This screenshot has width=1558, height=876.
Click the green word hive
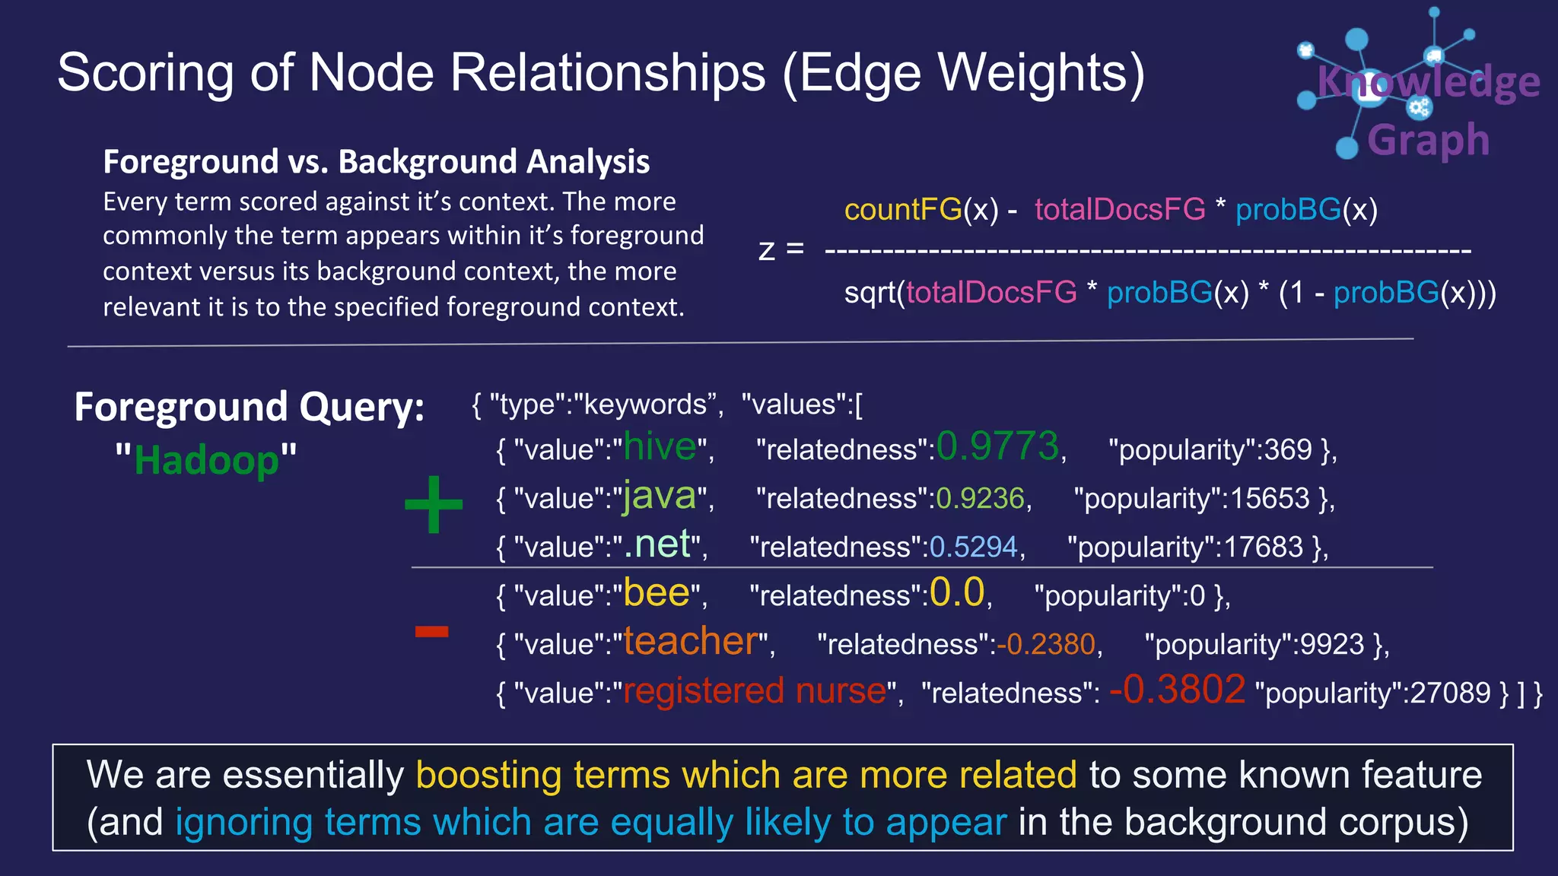point(660,447)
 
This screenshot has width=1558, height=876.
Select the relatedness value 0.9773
point(997,446)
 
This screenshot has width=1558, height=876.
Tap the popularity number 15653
point(1270,499)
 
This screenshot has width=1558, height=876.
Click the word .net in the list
point(657,544)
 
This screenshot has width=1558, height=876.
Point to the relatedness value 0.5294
point(973,547)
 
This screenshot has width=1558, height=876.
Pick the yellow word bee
point(657,593)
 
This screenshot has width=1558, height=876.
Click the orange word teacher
point(691,642)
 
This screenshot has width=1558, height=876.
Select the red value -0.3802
point(1177,690)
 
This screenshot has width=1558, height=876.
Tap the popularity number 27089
point(1450,693)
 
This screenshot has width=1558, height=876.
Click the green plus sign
point(434,504)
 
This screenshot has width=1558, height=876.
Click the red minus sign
point(431,631)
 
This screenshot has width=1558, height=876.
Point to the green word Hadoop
point(206,461)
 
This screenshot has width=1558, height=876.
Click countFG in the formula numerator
point(902,210)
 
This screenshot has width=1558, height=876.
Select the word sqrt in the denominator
point(870,293)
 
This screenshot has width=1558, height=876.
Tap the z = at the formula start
point(781,249)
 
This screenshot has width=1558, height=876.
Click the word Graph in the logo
point(1428,141)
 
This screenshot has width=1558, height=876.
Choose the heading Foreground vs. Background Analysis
point(376,162)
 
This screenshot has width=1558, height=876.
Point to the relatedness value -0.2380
point(1046,645)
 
